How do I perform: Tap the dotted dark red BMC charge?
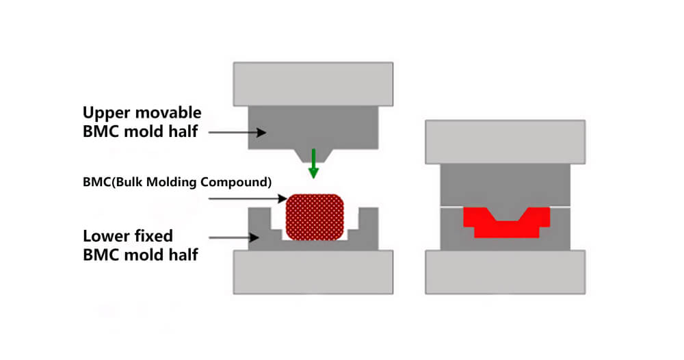point(314,216)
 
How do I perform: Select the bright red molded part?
point(506,223)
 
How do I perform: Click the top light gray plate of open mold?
point(313,83)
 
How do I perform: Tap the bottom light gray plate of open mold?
point(313,272)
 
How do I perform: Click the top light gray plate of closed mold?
point(505,142)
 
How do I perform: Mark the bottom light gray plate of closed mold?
point(505,272)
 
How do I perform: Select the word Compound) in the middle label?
point(244,182)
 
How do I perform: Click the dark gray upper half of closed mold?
point(505,185)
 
